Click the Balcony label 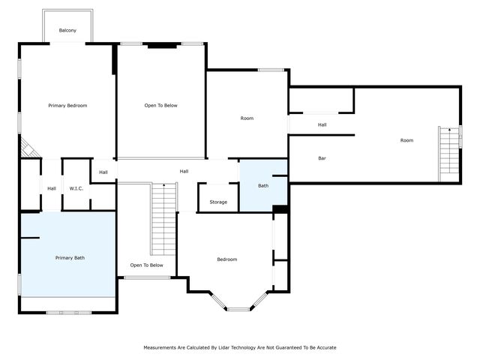pos(67,31)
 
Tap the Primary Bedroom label pos(67,106)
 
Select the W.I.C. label pos(76,188)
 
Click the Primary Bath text pos(70,258)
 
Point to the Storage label pos(218,202)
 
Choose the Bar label pos(322,158)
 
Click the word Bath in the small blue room pos(263,185)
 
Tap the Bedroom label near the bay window pos(226,259)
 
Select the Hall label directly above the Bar pos(322,125)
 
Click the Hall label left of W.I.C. pos(51,188)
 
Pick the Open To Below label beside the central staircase pos(146,265)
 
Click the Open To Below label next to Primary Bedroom pos(161,106)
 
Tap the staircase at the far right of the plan pos(449,154)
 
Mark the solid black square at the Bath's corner pos(280,209)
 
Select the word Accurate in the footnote pos(323,348)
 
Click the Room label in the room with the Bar pos(406,140)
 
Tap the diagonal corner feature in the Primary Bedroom pos(29,148)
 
